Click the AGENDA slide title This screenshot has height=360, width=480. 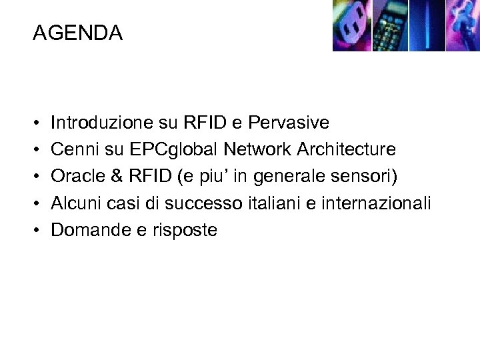77,33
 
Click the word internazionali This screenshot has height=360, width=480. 377,203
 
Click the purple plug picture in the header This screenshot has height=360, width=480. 351,26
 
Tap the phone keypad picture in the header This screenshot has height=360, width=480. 389,26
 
